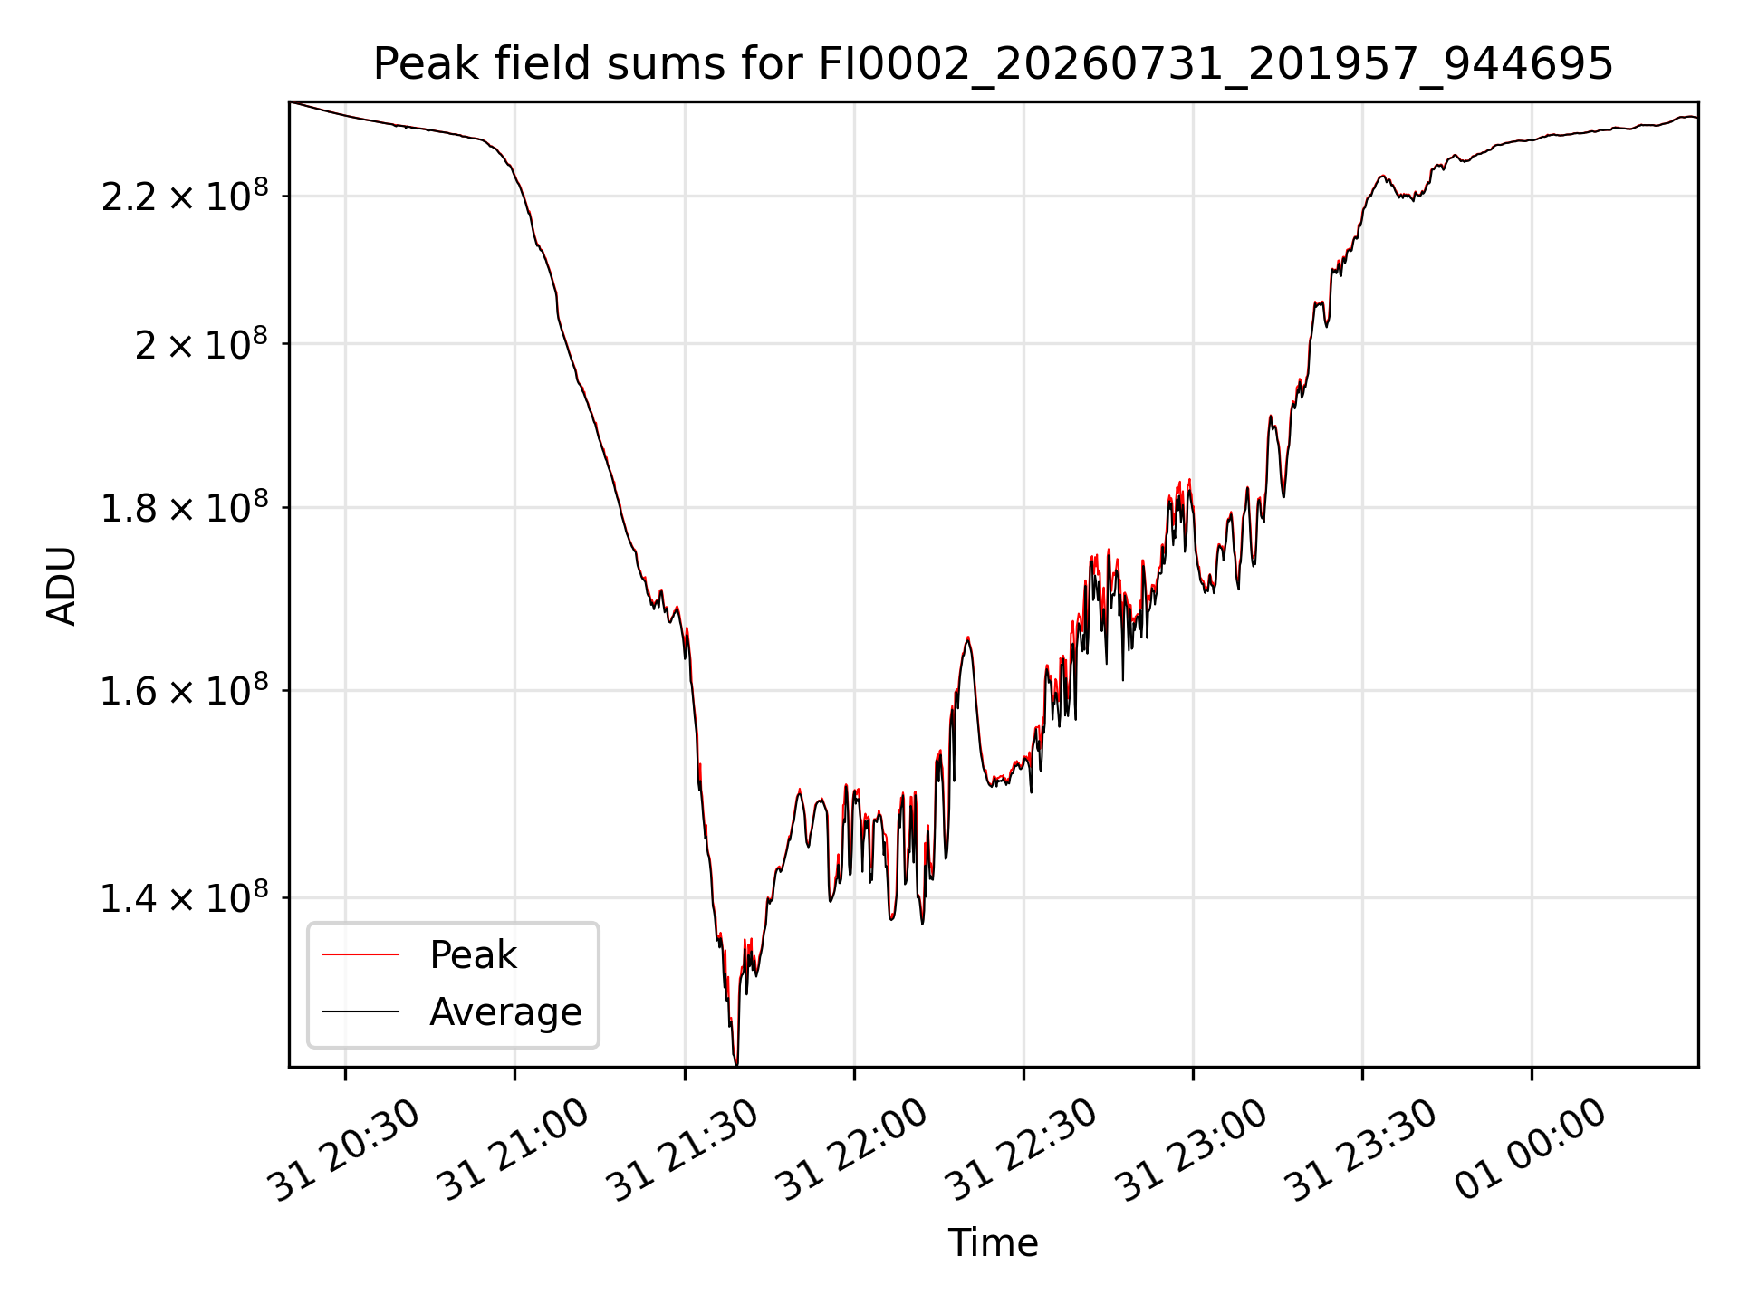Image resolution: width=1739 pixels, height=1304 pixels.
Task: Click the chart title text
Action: (x=993, y=64)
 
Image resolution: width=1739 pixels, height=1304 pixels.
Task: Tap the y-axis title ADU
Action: (x=62, y=586)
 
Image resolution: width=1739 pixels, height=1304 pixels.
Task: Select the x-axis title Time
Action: (x=993, y=1243)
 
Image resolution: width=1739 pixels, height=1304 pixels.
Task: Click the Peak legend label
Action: (x=473, y=955)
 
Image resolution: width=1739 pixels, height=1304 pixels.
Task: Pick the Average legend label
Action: (x=505, y=1012)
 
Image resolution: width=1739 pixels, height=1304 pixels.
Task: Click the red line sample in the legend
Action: (x=360, y=954)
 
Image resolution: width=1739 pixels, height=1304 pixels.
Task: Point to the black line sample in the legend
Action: (x=360, y=1011)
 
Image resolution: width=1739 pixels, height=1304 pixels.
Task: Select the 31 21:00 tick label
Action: (x=514, y=1150)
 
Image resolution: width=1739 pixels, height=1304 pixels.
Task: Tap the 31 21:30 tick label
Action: (x=683, y=1150)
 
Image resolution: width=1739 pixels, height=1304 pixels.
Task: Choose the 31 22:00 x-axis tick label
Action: (x=853, y=1150)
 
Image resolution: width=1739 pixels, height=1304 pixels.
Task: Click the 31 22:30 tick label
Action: (x=1023, y=1150)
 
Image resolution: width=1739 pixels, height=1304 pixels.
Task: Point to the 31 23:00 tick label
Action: (x=1192, y=1150)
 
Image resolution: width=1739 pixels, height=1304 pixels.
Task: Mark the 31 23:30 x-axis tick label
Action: (x=1361, y=1150)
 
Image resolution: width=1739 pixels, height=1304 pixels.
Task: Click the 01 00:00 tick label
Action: (x=1531, y=1150)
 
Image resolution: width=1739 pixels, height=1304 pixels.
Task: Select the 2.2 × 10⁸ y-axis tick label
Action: (x=185, y=195)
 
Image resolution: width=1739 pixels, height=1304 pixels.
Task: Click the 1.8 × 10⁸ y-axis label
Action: (x=185, y=507)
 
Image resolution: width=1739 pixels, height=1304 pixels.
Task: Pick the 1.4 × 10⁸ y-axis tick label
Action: (x=185, y=897)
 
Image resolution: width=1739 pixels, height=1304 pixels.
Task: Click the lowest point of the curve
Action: (x=735, y=1065)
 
